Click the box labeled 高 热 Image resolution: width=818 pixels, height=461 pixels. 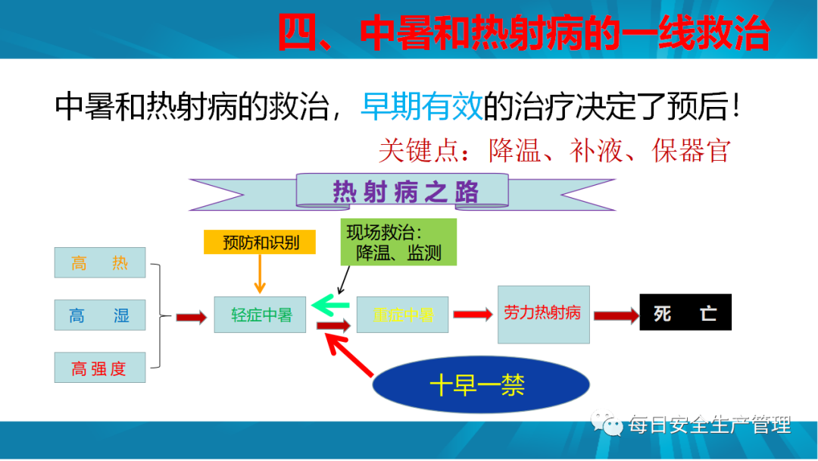pyautogui.click(x=100, y=262)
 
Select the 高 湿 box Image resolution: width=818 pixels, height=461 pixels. pyautogui.click(x=100, y=315)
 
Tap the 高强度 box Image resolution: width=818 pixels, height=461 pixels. pyautogui.click(x=100, y=368)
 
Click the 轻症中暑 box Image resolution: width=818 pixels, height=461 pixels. pyautogui.click(x=260, y=315)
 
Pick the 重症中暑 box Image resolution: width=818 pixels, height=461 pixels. pyautogui.click(x=402, y=315)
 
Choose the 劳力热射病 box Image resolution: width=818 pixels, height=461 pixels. pyautogui.click(x=544, y=315)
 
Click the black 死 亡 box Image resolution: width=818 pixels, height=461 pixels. pyautogui.click(x=685, y=312)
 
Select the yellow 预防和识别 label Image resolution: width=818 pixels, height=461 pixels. pyautogui.click(x=260, y=242)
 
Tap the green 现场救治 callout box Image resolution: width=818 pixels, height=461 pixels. pyautogui.click(x=398, y=242)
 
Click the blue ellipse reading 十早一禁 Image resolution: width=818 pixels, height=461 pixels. pyautogui.click(x=481, y=384)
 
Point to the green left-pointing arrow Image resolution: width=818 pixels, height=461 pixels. pyautogui.click(x=330, y=305)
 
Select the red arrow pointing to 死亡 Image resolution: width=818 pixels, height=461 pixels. pyautogui.click(x=617, y=315)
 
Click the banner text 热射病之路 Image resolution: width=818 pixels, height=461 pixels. pyautogui.click(x=405, y=192)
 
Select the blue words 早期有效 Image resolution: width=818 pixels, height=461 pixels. pyautogui.click(x=422, y=106)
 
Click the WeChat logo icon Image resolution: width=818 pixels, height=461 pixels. pyautogui.click(x=607, y=424)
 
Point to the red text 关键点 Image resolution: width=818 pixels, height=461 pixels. pyautogui.click(x=419, y=150)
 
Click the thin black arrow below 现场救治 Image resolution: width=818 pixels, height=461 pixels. pyautogui.click(x=344, y=281)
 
